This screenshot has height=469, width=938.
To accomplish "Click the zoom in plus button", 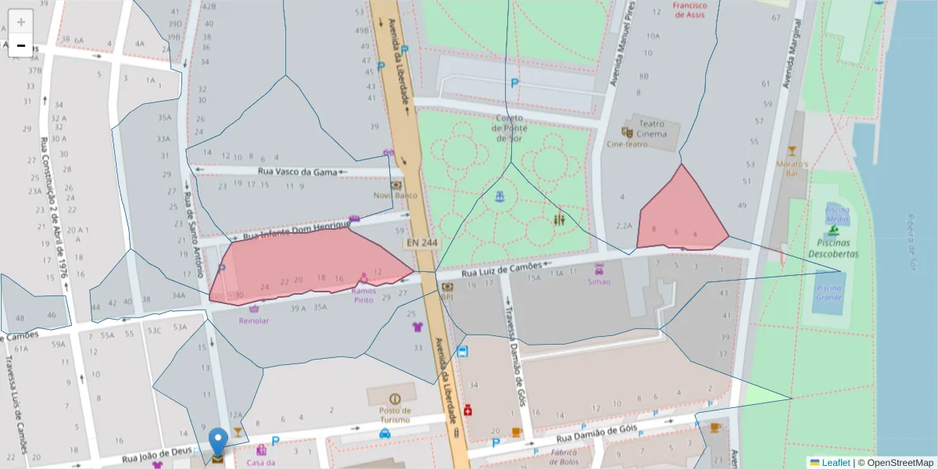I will click(21, 22).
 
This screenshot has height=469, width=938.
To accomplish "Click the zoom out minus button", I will click(21, 45).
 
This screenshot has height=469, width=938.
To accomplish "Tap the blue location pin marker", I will click(218, 442).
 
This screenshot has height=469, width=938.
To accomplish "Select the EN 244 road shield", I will click(422, 243).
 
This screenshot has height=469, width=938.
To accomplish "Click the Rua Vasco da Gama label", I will click(297, 171).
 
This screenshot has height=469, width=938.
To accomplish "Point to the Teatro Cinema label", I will click(652, 128).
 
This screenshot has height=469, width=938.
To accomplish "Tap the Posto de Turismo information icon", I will click(394, 399).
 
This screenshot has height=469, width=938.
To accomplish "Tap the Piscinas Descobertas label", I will click(833, 249).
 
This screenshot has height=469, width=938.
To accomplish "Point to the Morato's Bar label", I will click(792, 170).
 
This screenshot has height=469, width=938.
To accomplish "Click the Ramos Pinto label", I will click(363, 295).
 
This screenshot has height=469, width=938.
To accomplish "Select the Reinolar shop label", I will click(254, 320).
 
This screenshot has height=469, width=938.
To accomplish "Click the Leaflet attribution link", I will click(835, 463).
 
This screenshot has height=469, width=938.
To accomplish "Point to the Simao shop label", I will click(598, 281).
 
